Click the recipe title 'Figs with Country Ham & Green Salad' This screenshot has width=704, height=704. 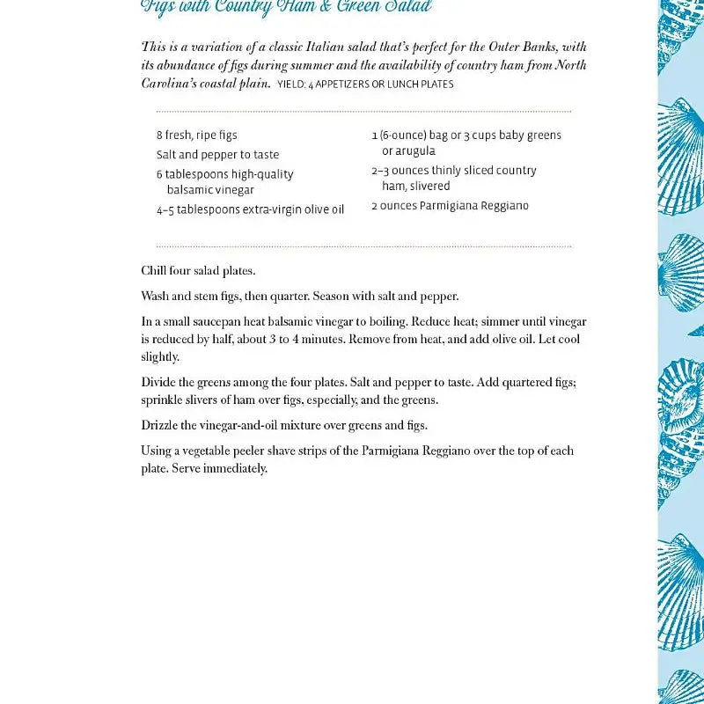(x=286, y=7)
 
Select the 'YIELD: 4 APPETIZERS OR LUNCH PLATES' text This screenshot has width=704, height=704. (x=365, y=84)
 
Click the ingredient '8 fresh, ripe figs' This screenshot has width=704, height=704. (x=197, y=136)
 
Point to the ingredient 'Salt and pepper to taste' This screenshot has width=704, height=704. (x=217, y=155)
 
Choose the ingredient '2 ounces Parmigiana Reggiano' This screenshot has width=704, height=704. (x=450, y=206)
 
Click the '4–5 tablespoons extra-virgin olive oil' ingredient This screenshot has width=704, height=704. (x=250, y=210)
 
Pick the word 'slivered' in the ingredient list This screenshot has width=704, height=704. (x=429, y=187)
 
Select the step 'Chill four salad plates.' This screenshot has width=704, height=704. (x=198, y=271)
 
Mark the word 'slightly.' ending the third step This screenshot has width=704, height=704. (x=160, y=357)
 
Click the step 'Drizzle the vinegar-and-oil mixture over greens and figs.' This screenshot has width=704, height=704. (x=284, y=426)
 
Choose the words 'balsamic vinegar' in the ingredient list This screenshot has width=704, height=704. (x=210, y=190)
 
